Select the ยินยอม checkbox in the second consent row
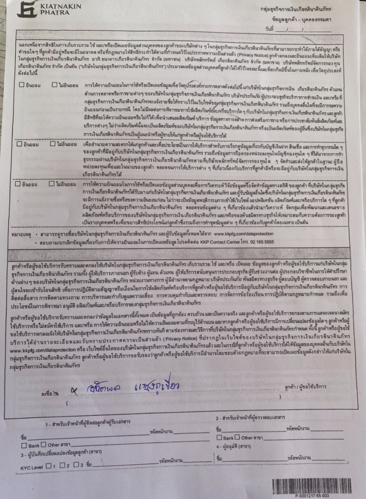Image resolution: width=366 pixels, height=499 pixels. (19, 144)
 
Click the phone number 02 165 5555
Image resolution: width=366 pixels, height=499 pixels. (261, 242)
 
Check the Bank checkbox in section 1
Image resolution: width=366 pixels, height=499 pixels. (24, 445)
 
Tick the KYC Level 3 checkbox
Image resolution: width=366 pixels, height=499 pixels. (76, 465)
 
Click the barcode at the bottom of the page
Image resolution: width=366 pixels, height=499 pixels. (311, 486)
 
